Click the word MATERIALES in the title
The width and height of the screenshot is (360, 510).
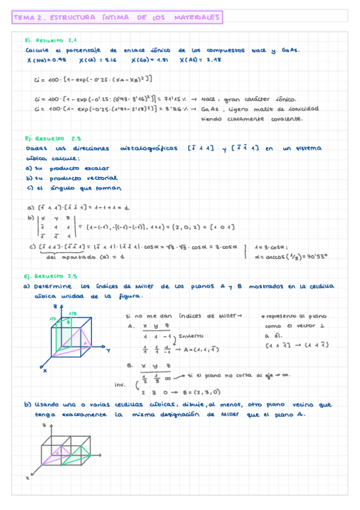tap(197, 19)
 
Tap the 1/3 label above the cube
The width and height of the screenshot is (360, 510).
tap(72, 313)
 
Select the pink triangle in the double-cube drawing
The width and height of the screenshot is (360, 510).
tap(53, 456)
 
